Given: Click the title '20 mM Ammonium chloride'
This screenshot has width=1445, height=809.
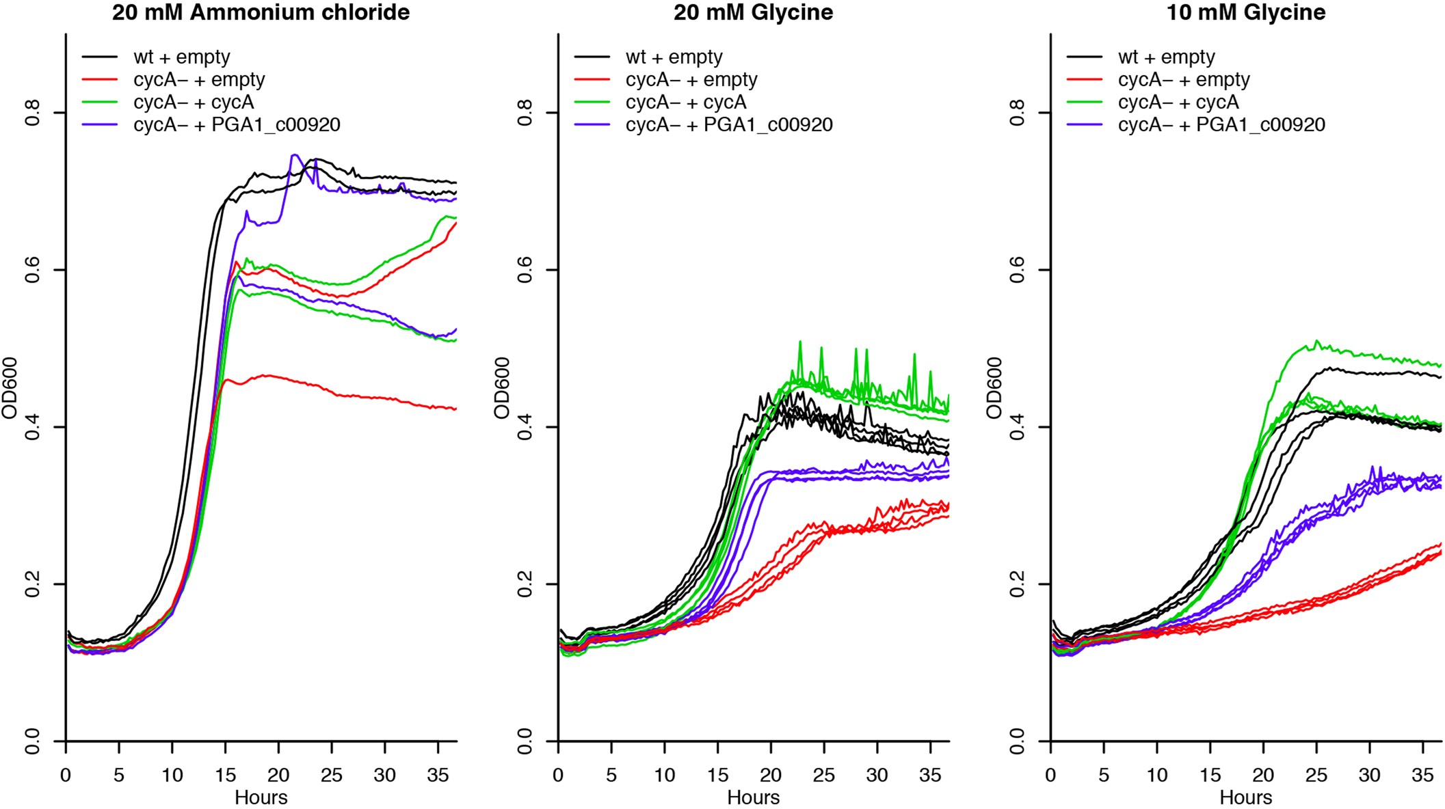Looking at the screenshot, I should [261, 12].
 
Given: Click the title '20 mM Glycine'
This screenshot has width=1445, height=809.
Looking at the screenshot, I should [753, 12].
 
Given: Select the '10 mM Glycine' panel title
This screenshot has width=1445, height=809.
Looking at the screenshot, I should [1245, 12].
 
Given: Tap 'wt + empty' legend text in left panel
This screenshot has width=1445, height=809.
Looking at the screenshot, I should [182, 57].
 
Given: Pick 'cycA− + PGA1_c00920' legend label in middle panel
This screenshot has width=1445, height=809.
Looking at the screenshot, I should [729, 125].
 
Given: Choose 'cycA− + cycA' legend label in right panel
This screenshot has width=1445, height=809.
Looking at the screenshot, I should [1178, 102].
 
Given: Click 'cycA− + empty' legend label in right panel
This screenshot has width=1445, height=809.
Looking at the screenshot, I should [1184, 80].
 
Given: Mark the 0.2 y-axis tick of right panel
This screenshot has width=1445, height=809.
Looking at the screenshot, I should [1018, 584].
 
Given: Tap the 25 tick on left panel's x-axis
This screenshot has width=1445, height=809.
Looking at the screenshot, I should [332, 776].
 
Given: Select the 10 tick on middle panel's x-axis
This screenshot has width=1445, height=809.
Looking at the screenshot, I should [665, 776].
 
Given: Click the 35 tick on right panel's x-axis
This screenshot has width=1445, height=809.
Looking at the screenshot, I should [1422, 776].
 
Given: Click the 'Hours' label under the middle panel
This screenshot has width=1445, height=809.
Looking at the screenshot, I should [753, 797].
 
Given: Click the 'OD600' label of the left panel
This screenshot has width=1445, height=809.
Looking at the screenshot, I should [9, 388].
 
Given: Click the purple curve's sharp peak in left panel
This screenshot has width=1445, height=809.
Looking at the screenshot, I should [294, 155].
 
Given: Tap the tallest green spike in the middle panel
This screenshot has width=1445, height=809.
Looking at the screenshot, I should [799, 342].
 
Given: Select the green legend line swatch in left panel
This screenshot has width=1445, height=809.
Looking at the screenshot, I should [100, 102].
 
